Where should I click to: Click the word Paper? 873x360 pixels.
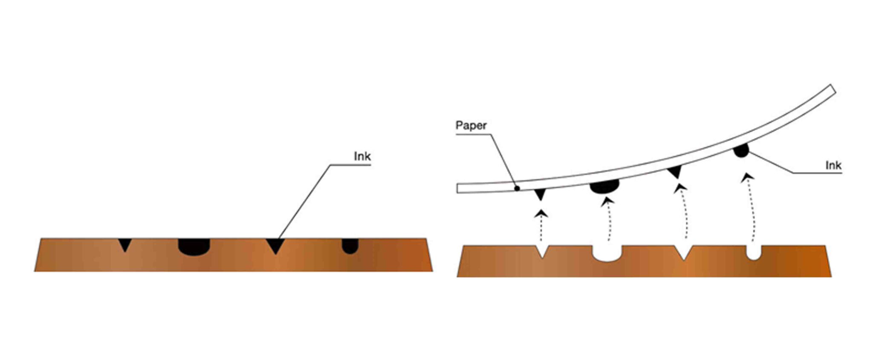click(x=471, y=125)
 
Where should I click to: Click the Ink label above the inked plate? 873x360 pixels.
click(x=362, y=156)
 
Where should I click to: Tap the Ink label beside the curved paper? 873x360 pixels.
click(x=833, y=165)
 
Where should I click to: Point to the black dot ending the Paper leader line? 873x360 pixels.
click(x=517, y=188)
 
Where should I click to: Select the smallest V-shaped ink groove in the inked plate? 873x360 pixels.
click(x=125, y=244)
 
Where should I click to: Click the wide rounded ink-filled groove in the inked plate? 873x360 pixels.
click(x=194, y=246)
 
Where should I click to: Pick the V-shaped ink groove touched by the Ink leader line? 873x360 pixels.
click(x=275, y=245)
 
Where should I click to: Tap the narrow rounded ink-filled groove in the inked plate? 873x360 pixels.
click(x=350, y=246)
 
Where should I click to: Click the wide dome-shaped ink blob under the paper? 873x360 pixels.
click(x=604, y=186)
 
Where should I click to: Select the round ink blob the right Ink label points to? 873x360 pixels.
click(x=741, y=150)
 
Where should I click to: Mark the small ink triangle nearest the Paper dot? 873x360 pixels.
click(x=540, y=194)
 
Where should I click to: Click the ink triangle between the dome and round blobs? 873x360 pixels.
click(x=675, y=172)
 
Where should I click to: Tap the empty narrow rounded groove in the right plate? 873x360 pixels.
click(x=754, y=252)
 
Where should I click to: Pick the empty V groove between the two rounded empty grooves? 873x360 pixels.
click(x=683, y=252)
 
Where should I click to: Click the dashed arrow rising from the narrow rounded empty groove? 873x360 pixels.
click(x=751, y=209)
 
